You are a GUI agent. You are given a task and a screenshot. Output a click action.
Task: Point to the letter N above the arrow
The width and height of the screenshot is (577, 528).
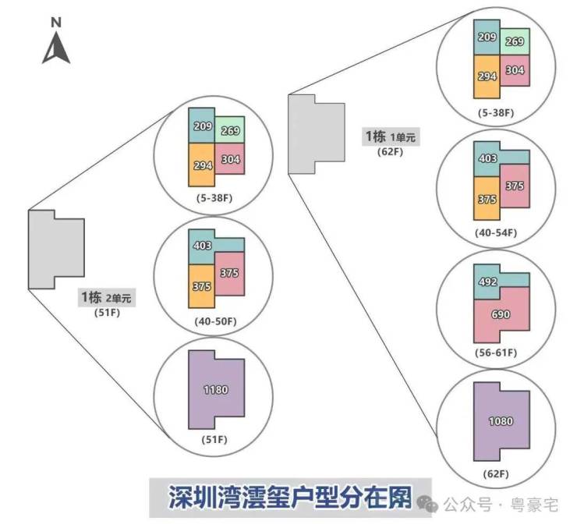(56, 23)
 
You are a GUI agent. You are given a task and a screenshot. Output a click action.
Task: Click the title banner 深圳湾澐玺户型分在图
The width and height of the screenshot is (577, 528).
(289, 497)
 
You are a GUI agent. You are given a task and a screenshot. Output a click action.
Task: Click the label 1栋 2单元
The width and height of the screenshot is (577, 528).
(106, 297)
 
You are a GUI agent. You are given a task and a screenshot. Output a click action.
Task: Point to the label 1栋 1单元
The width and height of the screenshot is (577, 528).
(391, 137)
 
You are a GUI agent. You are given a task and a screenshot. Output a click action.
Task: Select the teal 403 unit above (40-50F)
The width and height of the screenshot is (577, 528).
(202, 246)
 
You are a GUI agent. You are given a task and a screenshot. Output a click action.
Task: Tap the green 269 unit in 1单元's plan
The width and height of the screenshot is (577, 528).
(515, 42)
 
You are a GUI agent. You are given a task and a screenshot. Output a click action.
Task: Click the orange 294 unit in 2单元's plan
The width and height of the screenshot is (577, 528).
(200, 165)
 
